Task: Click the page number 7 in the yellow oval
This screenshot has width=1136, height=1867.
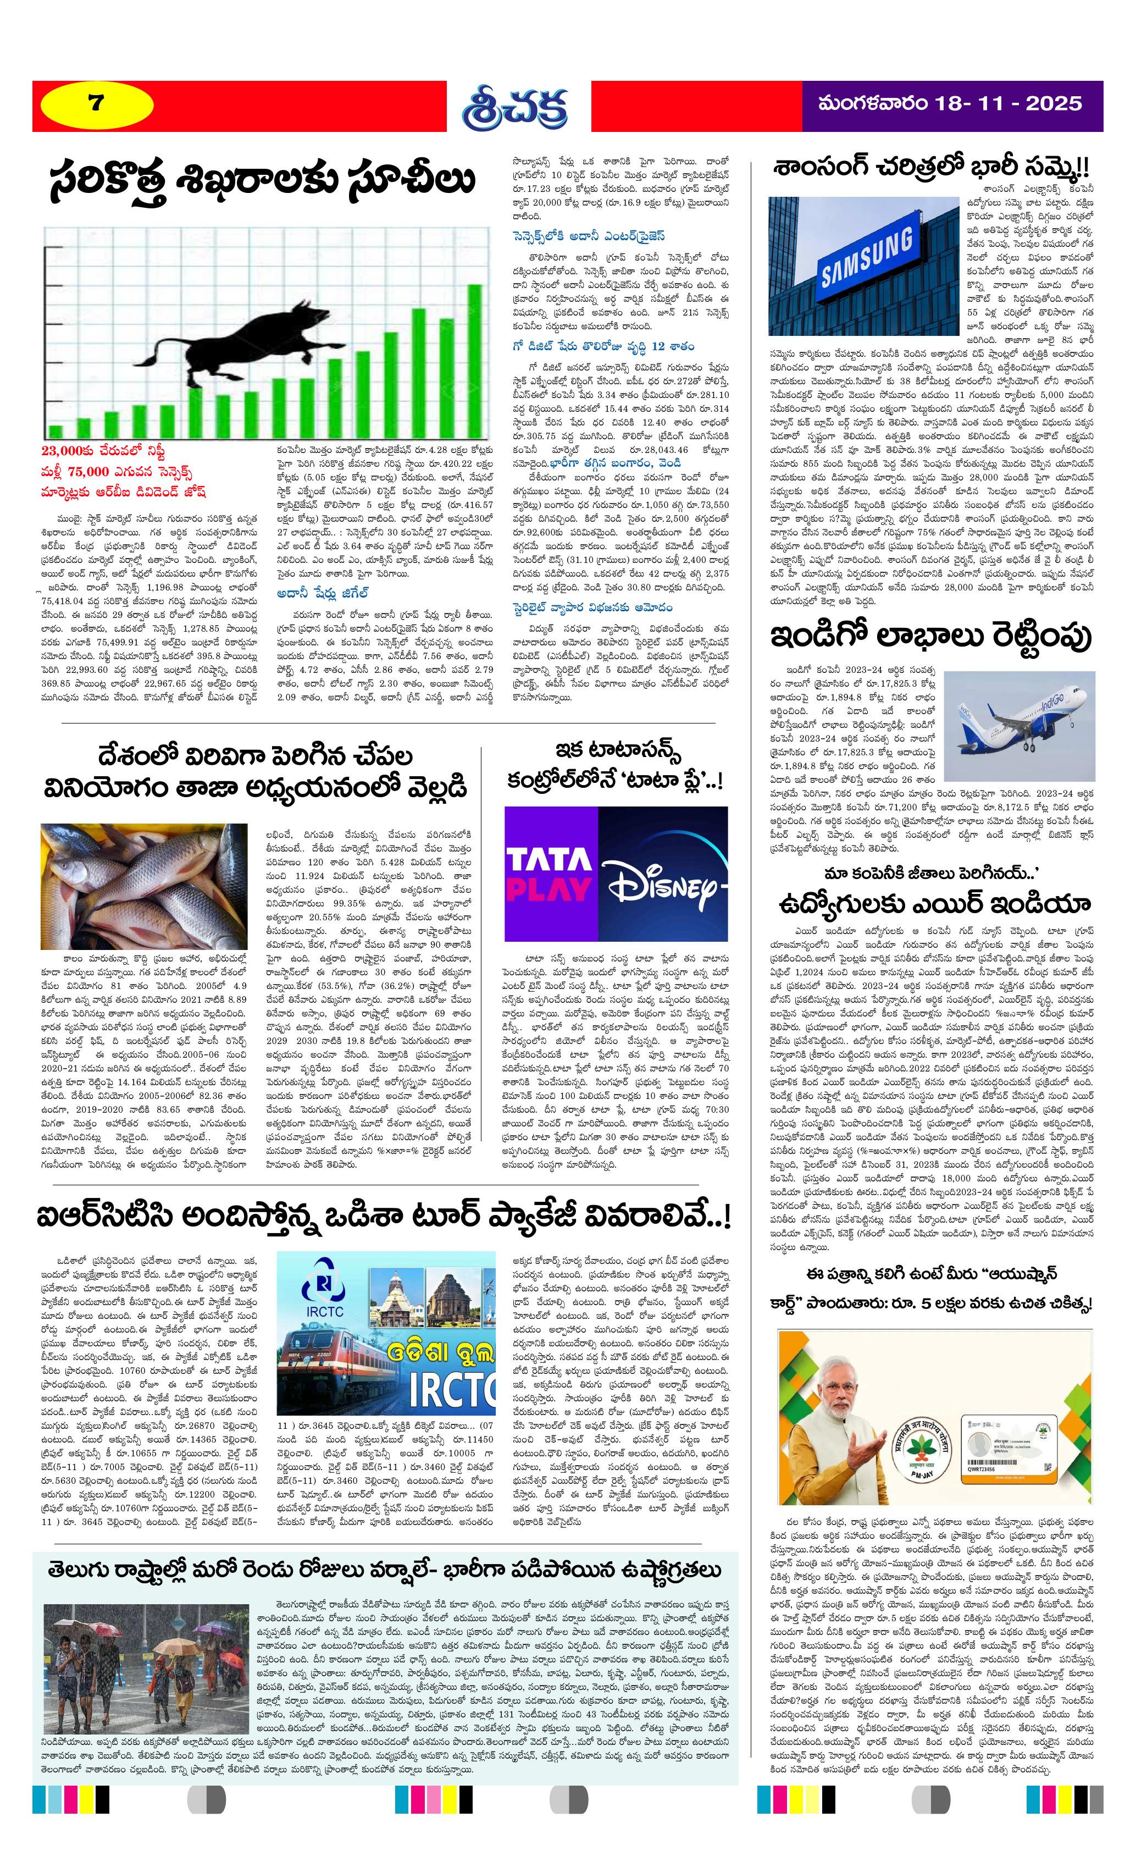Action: (95, 103)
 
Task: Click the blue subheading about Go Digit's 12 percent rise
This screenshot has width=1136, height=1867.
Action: (603, 346)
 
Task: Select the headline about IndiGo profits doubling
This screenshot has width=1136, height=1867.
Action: (931, 637)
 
